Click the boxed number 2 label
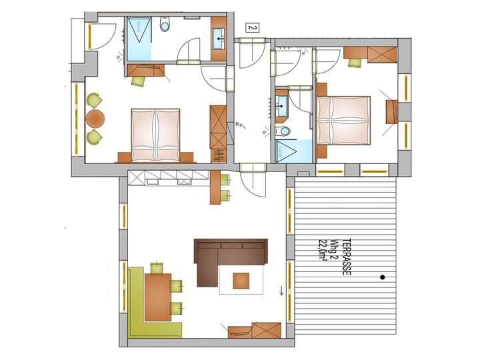252,28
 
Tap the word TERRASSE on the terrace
346,257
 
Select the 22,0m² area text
322,251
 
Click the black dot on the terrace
383,277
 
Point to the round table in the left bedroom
95,119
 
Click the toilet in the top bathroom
165,23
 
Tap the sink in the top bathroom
219,39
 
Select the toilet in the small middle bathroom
283,131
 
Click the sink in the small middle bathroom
281,106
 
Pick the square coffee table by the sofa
241,281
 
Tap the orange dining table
158,297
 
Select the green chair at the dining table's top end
157,268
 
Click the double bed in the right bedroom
343,120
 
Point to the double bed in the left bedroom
155,135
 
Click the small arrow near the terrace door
281,290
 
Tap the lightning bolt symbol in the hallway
239,125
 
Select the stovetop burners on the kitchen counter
184,181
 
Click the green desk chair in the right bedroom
355,62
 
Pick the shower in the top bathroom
139,39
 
